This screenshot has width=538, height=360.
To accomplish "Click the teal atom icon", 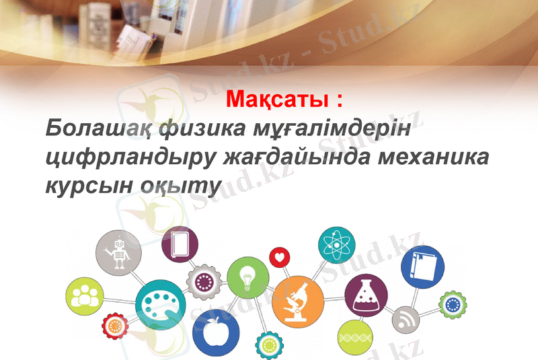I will click(x=336, y=244).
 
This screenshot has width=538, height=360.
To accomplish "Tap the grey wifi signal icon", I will click(x=406, y=319).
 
